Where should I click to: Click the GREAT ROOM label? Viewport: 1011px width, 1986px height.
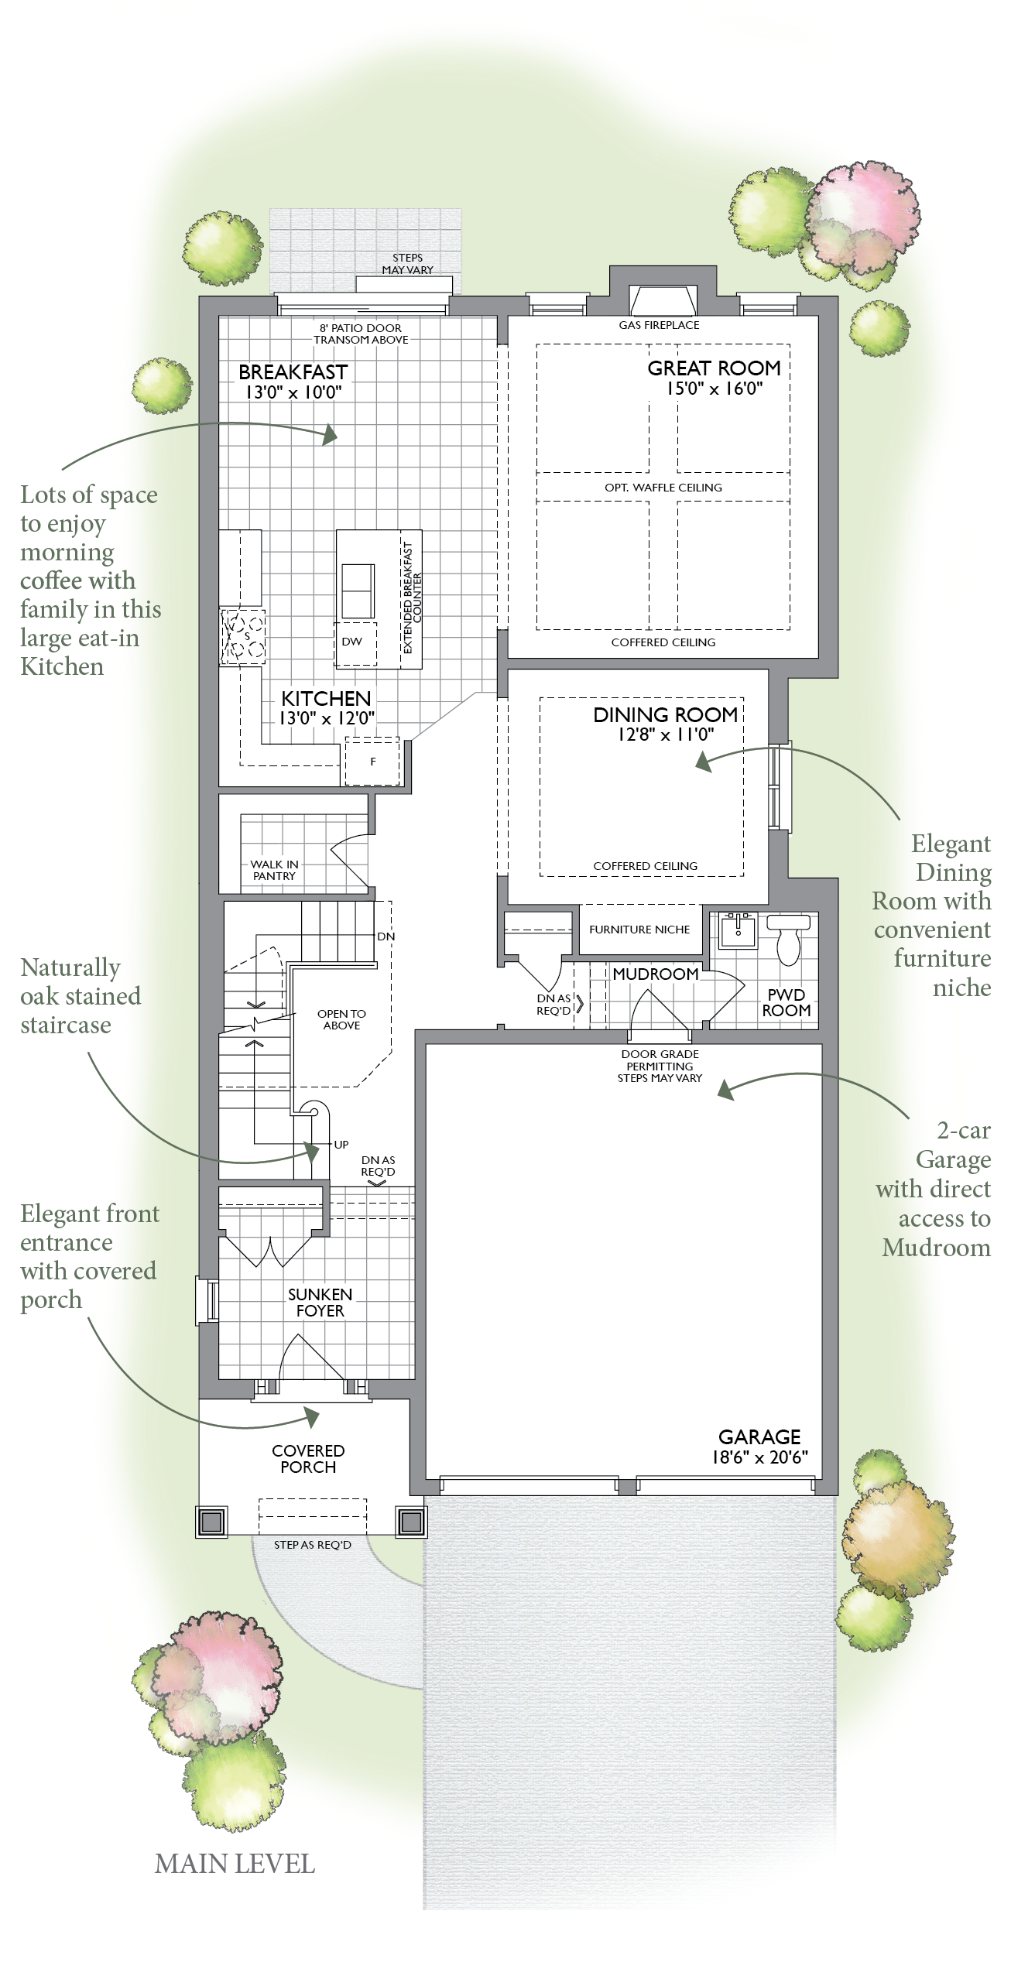tap(714, 368)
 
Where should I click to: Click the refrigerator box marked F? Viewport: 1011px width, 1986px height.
tap(372, 762)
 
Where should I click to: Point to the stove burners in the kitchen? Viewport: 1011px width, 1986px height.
tap(243, 637)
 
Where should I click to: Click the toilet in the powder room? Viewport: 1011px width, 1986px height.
tap(788, 939)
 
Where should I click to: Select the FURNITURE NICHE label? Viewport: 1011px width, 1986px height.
tap(639, 930)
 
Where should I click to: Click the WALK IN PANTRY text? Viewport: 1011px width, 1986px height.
tap(274, 870)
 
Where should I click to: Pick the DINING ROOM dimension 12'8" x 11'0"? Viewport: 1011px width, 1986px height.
tap(665, 734)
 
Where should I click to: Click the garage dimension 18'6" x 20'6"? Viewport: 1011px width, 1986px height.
tap(759, 1457)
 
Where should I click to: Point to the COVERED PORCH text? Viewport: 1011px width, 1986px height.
tap(308, 1459)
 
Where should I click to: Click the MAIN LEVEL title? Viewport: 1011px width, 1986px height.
tap(235, 1864)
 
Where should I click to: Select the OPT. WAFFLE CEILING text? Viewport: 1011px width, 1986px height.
tap(663, 488)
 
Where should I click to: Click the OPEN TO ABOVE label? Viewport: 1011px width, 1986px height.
tap(341, 1019)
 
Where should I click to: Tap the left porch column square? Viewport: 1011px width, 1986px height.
tap(211, 1522)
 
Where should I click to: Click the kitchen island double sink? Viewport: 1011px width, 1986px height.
tap(357, 589)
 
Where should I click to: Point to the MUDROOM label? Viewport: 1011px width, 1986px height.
tap(656, 974)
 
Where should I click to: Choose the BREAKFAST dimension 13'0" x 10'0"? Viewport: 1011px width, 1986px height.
tap(293, 392)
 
